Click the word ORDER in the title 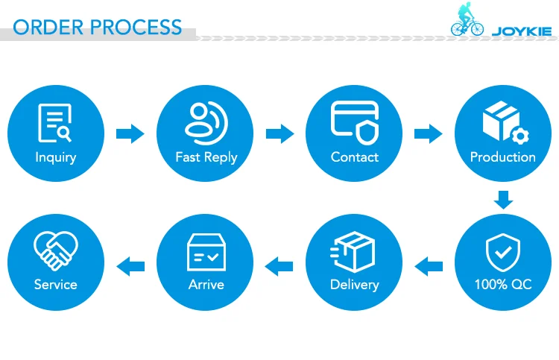click(x=48, y=27)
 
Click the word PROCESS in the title click(x=136, y=27)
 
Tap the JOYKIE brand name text click(x=522, y=32)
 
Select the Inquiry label click(x=56, y=157)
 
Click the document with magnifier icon click(x=55, y=123)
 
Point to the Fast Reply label click(x=206, y=157)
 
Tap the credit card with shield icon click(x=355, y=123)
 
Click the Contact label click(x=354, y=157)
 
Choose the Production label click(x=502, y=157)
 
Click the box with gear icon click(x=506, y=123)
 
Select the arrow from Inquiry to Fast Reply click(x=130, y=133)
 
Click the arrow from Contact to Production click(x=428, y=133)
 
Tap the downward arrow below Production click(x=503, y=200)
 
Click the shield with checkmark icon click(x=503, y=253)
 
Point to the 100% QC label click(x=503, y=285)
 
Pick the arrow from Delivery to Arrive click(x=279, y=266)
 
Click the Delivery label click(x=354, y=285)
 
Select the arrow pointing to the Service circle click(x=130, y=266)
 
